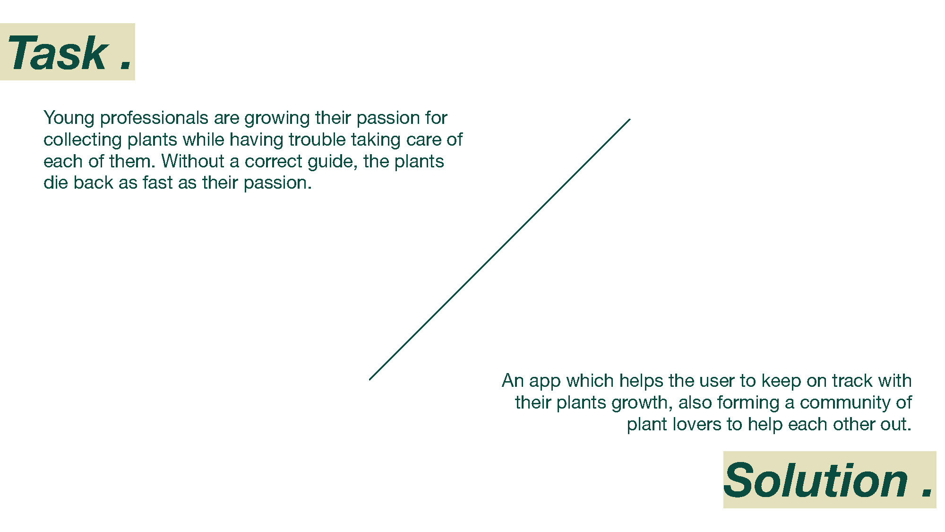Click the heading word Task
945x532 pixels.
58,53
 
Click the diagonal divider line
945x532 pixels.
499,250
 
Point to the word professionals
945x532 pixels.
154,118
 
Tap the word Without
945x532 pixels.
193,161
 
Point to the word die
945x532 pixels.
56,183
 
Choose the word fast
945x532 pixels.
158,183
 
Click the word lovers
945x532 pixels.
697,424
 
